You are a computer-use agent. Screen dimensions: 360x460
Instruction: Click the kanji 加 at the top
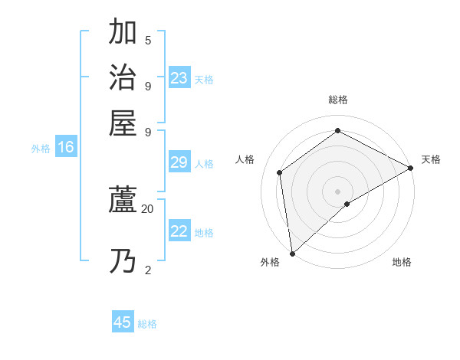[123, 32]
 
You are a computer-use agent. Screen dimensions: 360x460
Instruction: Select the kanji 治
[123, 77]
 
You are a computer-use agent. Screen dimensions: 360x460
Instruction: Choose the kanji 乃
[123, 261]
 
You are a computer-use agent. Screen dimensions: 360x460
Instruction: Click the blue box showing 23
[179, 78]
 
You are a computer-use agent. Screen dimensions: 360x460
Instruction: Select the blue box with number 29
[179, 162]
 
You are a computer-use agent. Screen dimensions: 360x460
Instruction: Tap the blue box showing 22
[179, 232]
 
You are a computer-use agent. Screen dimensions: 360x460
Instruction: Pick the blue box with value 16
[65, 148]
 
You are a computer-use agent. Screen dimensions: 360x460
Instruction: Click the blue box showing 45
[123, 322]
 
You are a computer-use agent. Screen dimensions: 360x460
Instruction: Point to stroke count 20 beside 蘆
[147, 208]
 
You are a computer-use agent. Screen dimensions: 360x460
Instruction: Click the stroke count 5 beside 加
[148, 40]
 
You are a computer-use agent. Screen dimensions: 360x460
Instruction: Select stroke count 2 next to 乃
[148, 270]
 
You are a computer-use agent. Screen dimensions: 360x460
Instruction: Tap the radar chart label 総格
[337, 100]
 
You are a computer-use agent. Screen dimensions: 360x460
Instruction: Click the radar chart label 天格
[431, 159]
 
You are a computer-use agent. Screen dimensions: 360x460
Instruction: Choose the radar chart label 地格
[402, 262]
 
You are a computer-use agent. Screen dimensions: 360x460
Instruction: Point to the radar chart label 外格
[270, 262]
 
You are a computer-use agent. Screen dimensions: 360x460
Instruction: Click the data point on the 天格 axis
[411, 168]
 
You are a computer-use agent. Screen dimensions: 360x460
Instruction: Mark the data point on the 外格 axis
[292, 253]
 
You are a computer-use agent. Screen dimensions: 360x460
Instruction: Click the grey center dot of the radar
[337, 191]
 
